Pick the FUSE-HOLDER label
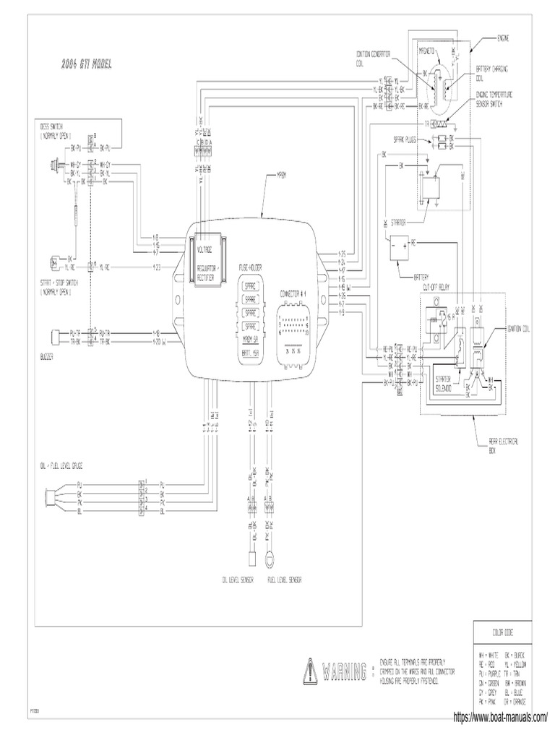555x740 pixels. click(250, 267)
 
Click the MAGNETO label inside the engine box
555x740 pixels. click(431, 52)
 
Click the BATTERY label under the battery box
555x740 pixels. click(422, 275)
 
